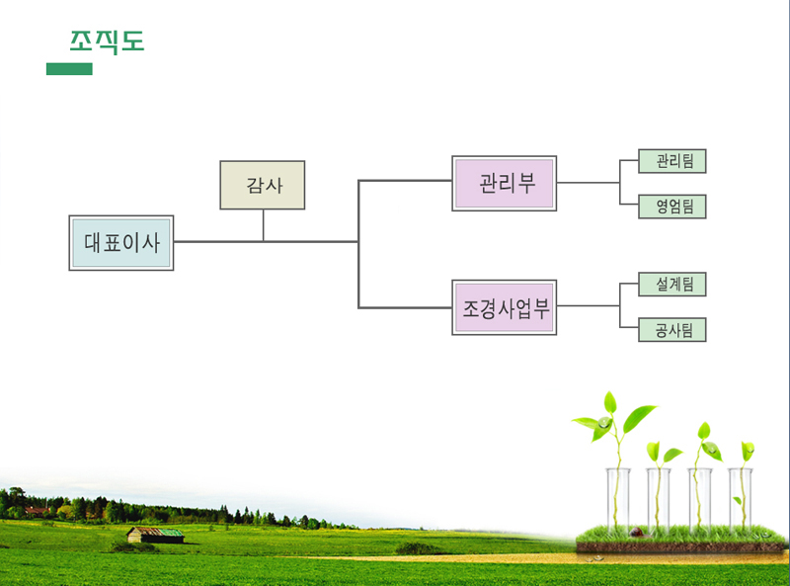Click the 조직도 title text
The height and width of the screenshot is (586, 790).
pos(107,42)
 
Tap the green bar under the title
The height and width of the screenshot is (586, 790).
pos(69,69)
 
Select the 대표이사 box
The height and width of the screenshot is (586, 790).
pos(121,243)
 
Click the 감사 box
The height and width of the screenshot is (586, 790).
pos(263,185)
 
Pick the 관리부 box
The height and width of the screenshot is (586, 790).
pos(505,184)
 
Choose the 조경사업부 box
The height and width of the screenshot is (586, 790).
pos(505,307)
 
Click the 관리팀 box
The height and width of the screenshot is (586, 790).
pos(672,161)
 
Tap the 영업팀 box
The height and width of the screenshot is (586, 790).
pos(672,207)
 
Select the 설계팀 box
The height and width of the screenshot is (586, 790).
pos(672,285)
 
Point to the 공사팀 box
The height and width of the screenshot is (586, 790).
pos(672,330)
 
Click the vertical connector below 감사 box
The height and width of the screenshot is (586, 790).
pos(263,225)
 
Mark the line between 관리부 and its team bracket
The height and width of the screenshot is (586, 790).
pos(588,183)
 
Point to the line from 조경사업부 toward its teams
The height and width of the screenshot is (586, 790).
pos(588,305)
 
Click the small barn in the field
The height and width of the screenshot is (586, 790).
pos(155,535)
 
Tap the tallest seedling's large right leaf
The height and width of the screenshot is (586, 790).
pos(639,418)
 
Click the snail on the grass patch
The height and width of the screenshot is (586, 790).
pos(636,532)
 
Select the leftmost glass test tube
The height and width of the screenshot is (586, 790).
pos(618,499)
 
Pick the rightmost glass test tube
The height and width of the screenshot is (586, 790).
pos(740,499)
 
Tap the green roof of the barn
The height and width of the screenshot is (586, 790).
pos(170,532)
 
